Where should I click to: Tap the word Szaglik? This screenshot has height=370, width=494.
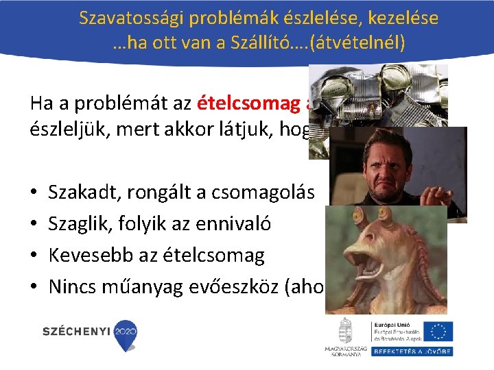point(78,223)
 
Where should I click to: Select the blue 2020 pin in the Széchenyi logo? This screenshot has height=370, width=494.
point(125,334)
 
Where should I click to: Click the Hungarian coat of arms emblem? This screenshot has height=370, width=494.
point(346,331)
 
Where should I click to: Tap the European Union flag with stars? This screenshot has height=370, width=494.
point(438,331)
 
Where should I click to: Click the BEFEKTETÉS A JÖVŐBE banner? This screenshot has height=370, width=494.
point(412,351)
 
